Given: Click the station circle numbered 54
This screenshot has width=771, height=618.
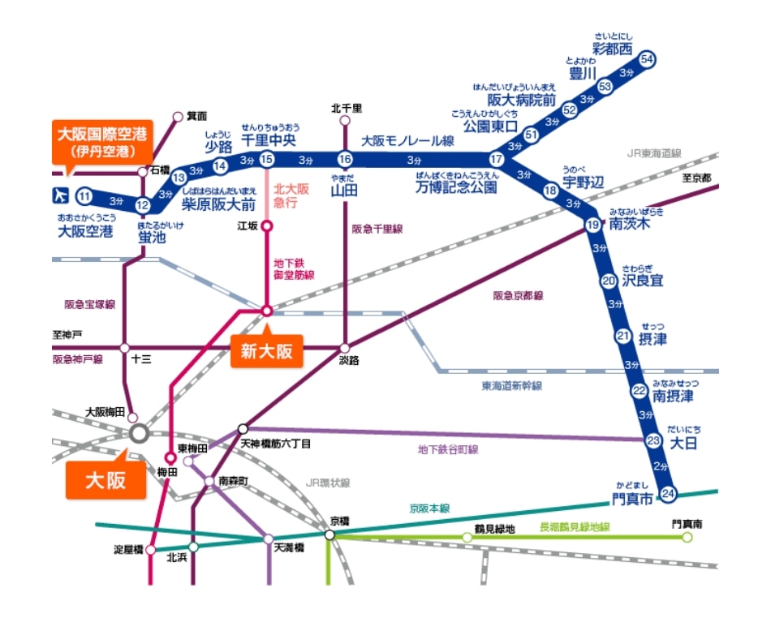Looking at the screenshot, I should point(647,59).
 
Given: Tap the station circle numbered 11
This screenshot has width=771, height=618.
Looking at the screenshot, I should point(84,195).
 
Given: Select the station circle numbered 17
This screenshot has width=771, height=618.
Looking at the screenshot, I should point(497,159).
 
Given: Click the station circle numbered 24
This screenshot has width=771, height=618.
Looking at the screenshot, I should point(669,493).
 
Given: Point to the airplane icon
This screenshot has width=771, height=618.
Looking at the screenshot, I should point(58,195).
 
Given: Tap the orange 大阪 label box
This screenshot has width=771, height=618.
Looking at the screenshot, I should point(106,479).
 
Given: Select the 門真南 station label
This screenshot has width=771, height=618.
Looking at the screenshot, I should point(687,525).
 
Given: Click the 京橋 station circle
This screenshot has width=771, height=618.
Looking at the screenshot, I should point(330,535).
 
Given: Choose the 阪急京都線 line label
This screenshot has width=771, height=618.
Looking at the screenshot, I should point(518,296).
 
